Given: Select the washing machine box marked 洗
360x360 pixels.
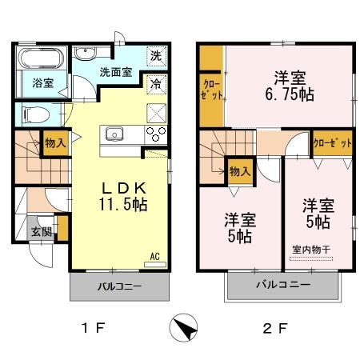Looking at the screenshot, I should click(157, 56).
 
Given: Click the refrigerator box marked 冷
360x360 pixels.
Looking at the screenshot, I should click(157, 82).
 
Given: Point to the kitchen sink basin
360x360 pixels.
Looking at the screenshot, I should click(112, 133).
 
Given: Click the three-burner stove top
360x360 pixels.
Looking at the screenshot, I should click(156, 133).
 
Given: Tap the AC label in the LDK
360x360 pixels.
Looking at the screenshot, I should click(155, 256).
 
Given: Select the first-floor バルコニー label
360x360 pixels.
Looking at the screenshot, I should click(119, 286).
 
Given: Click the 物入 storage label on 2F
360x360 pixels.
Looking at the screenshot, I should click(238, 170).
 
